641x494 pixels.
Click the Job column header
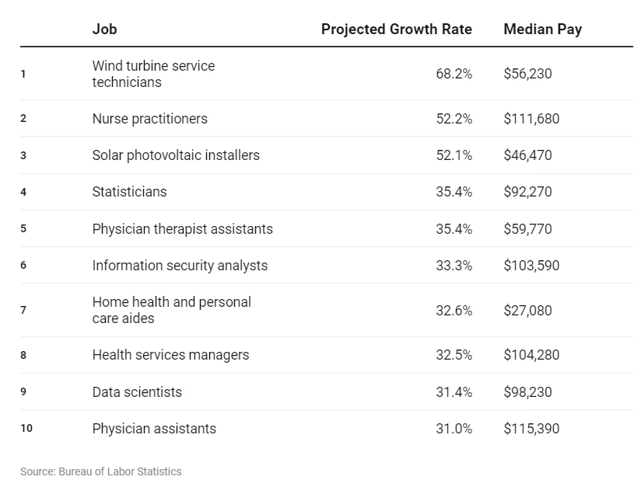[104, 30]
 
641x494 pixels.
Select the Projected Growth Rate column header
[396, 30]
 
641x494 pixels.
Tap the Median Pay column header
[542, 30]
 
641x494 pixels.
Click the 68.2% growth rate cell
[454, 74]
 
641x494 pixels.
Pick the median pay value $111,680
[531, 119]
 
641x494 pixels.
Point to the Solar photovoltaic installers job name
[176, 155]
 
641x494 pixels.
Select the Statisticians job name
[129, 192]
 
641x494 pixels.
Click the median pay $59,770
[527, 228]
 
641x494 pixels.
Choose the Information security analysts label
[180, 266]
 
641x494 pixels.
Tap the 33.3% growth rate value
[454, 266]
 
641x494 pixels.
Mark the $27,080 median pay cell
[527, 311]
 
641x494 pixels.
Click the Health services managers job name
[170, 355]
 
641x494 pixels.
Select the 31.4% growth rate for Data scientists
[454, 392]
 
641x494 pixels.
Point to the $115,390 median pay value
[531, 429]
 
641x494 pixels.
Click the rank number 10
[26, 429]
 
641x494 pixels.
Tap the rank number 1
[23, 74]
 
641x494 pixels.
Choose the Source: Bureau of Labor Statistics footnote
[100, 471]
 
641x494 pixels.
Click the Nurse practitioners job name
[149, 119]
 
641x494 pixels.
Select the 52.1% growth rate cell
[454, 155]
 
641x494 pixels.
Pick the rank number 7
[23, 311]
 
